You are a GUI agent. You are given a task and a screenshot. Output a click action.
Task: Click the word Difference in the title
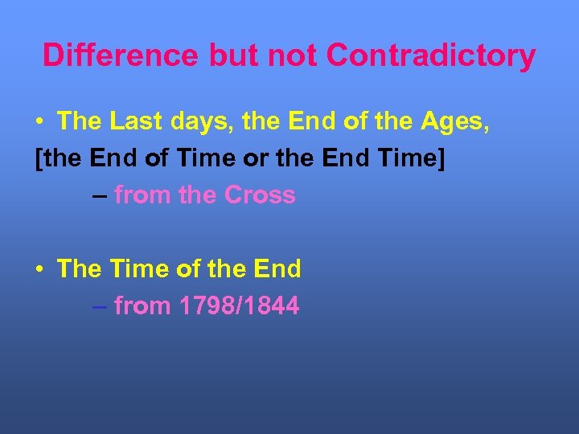point(120,55)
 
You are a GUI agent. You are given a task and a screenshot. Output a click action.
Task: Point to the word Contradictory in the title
point(431,55)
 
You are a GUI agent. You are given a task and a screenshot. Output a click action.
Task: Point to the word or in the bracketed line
point(256,158)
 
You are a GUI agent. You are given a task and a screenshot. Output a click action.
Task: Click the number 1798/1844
point(239,305)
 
